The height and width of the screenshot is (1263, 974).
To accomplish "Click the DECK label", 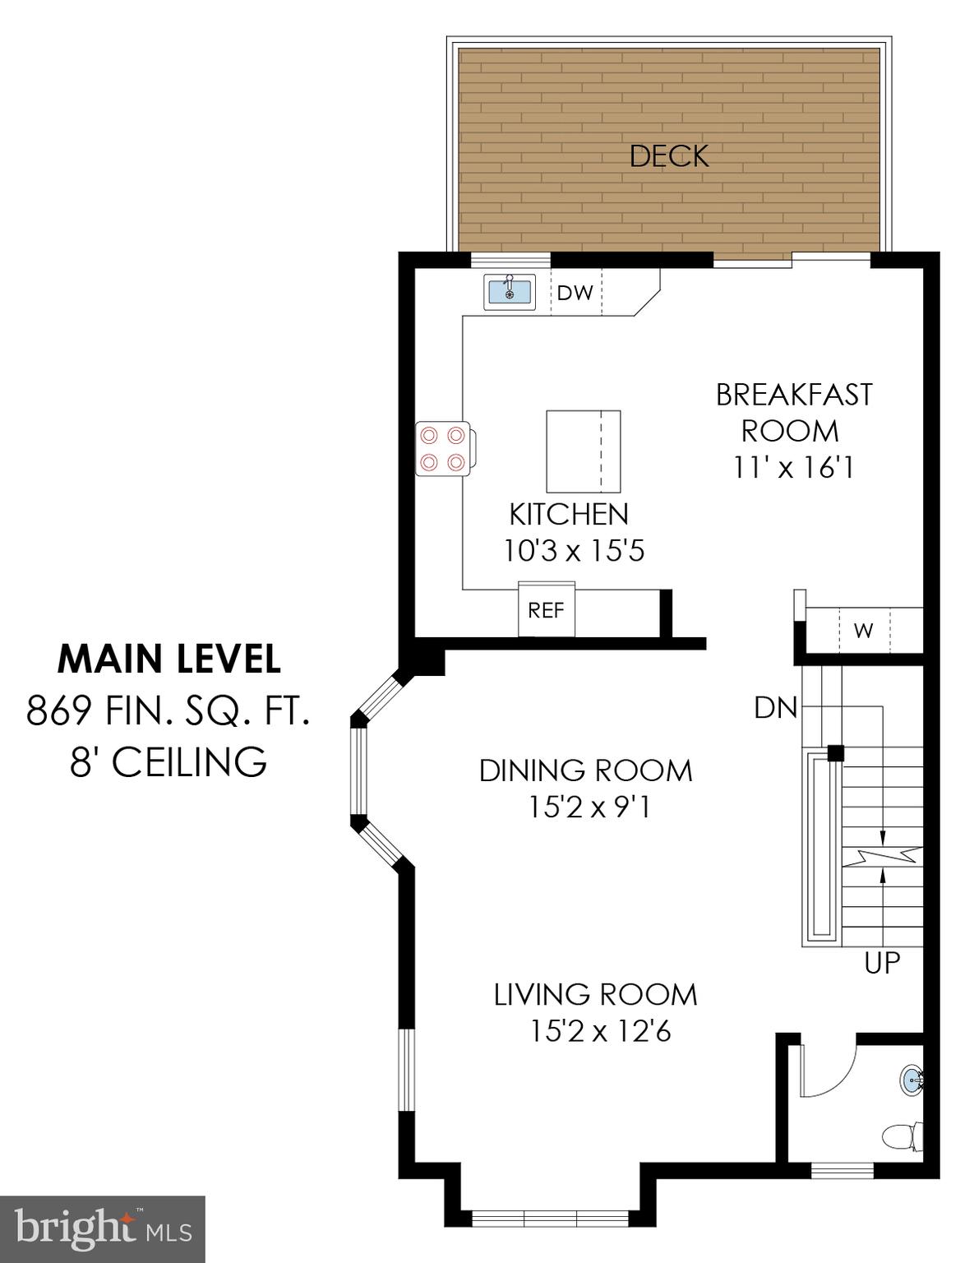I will [x=668, y=156].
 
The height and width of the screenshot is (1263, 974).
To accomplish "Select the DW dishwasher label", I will [x=575, y=293].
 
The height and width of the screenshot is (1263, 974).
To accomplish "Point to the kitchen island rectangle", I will [x=583, y=451].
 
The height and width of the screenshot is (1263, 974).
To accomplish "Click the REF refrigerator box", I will [x=546, y=610].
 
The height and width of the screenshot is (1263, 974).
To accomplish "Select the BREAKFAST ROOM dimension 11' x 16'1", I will [x=793, y=468].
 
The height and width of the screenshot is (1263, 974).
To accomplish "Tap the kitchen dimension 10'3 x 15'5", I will [x=574, y=550].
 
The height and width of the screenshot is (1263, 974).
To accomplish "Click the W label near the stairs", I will [x=863, y=631].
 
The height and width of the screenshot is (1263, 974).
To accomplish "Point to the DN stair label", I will [x=776, y=707].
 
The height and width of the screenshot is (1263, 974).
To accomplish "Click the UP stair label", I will [x=882, y=962].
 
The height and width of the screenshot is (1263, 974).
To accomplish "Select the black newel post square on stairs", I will [x=835, y=752].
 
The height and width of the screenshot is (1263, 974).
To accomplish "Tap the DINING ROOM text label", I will [x=585, y=770].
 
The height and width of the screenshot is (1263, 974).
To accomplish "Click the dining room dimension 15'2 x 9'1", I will [x=589, y=807].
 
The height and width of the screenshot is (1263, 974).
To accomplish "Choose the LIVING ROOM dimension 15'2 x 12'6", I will [x=600, y=1030].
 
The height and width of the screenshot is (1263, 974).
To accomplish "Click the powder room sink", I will [x=913, y=1078].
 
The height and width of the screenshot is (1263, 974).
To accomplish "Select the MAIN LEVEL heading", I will [x=169, y=659].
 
